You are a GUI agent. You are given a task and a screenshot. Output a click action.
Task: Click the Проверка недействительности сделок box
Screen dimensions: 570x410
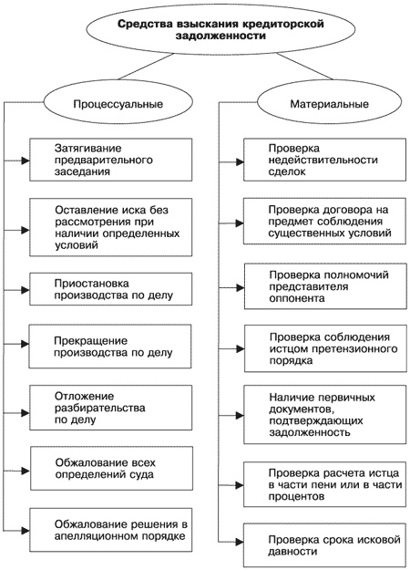tap(323, 161)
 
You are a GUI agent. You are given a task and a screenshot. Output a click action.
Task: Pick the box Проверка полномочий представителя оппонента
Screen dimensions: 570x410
tap(323, 285)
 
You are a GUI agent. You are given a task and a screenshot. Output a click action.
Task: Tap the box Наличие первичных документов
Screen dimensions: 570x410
tap(323, 415)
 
